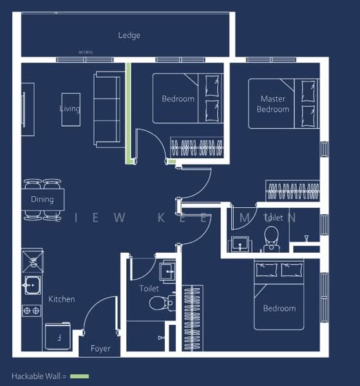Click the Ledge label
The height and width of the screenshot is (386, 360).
tap(129, 35)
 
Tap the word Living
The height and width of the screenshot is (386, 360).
tap(70, 109)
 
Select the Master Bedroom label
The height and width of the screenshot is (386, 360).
tap(273, 104)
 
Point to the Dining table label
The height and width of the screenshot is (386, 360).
tap(43, 199)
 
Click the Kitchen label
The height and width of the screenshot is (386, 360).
tap(62, 299)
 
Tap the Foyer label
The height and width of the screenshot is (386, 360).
tap(100, 349)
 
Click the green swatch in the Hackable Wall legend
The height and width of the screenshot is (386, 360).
tap(80, 376)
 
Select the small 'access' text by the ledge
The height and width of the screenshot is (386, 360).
tap(86, 52)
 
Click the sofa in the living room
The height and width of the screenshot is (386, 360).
tap(107, 109)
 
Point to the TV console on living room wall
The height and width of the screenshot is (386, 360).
tap(25, 106)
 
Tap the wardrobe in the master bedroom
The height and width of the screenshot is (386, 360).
tap(293, 191)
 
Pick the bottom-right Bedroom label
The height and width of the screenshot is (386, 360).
tap(279, 308)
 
